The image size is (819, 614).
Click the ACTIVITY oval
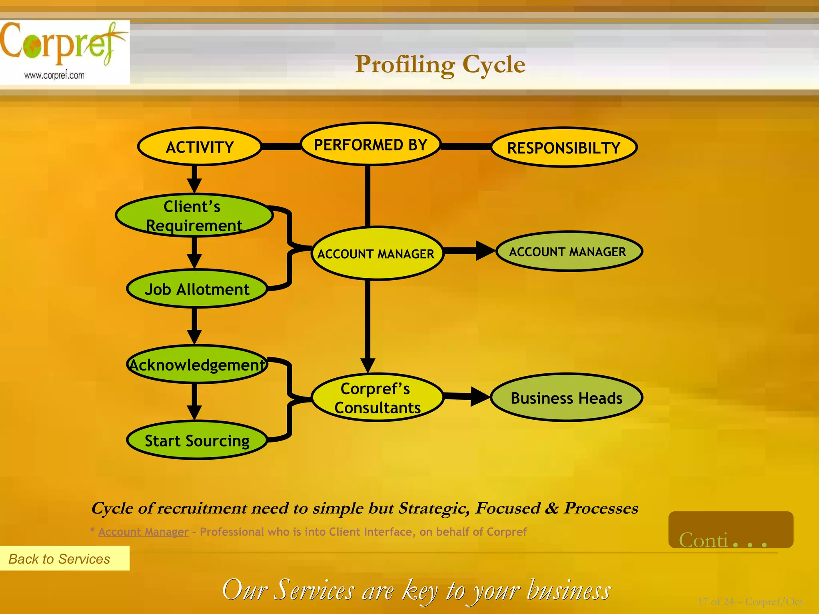(200, 147)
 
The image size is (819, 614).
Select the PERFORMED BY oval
(370, 144)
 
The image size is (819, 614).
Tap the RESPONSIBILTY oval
(563, 148)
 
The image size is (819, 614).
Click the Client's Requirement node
(194, 216)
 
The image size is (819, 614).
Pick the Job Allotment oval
(197, 289)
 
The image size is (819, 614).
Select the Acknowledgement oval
(197, 365)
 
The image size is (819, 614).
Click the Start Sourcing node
(197, 441)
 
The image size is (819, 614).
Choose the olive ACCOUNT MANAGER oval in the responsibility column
(568, 251)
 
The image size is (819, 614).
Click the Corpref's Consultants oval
(377, 398)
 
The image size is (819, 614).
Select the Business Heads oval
(566, 398)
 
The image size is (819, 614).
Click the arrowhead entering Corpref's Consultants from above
(368, 365)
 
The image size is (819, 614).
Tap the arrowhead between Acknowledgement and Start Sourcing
(194, 412)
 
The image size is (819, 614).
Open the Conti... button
(730, 530)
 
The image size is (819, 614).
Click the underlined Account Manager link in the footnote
(143, 532)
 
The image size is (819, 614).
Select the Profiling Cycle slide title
(440, 64)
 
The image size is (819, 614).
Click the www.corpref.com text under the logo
(54, 75)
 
